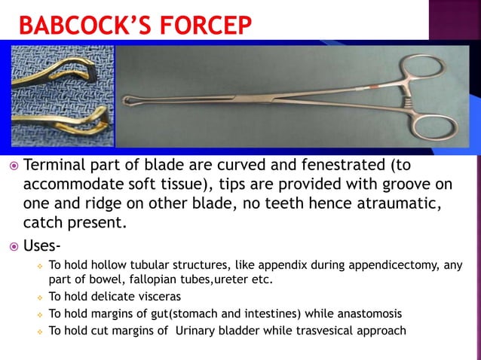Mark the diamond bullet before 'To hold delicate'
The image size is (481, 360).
36,297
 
